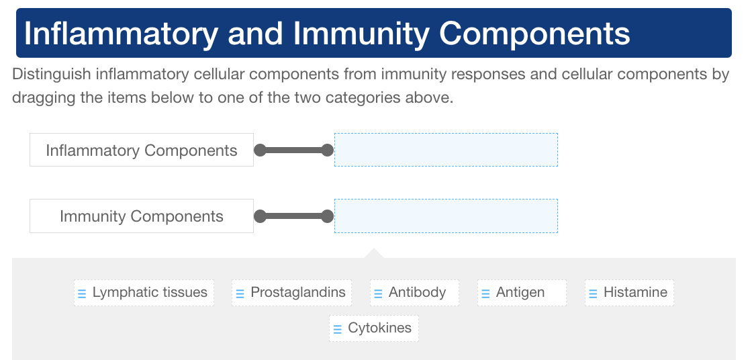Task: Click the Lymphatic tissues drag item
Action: coord(144,293)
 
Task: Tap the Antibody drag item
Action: coord(415,293)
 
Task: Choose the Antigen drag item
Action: coord(522,293)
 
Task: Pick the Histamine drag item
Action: coord(629,293)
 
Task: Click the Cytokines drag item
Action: coord(374,328)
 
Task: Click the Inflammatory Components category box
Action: coord(141,150)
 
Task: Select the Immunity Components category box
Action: coord(141,216)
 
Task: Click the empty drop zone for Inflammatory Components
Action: coord(446,150)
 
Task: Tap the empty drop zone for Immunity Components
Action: coord(446,216)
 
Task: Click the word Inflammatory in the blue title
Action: coord(122,34)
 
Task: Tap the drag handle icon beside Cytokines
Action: coord(338,329)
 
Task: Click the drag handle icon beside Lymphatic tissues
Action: coord(82,294)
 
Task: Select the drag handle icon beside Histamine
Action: coord(593,294)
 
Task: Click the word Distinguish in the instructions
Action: coord(51,74)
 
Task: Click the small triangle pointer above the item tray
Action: coord(374,253)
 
